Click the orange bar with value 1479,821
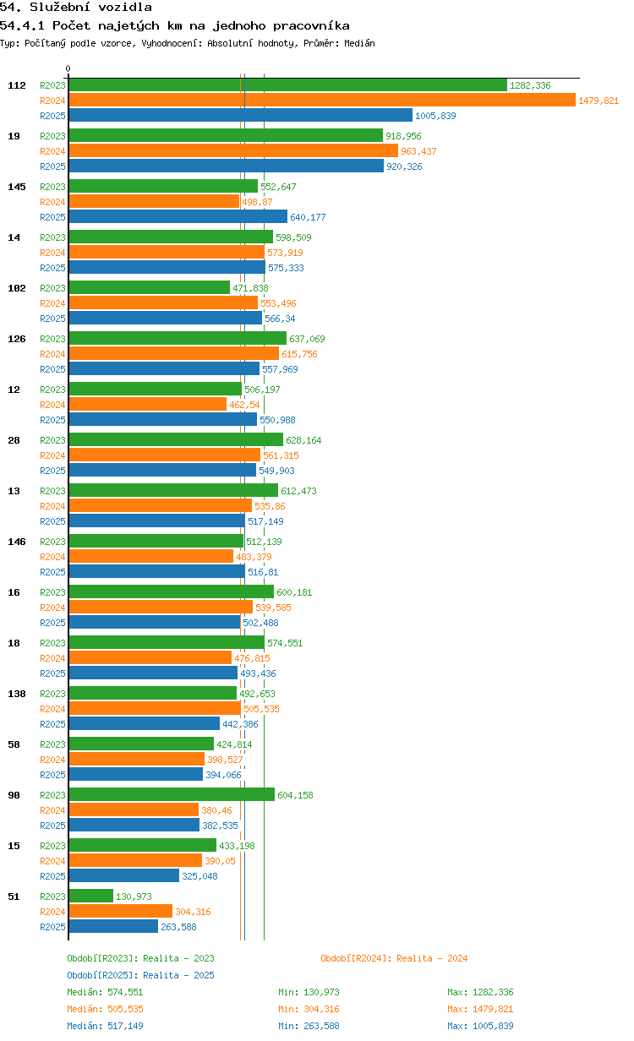[322, 100]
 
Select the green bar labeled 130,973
[91, 896]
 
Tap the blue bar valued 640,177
[178, 216]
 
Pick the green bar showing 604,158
[172, 794]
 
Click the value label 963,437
[418, 151]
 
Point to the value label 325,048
[199, 876]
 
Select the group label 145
[17, 187]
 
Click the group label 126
[17, 338]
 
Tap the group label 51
[14, 896]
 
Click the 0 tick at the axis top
[68, 68]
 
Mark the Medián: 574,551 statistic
[105, 992]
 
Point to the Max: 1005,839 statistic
[480, 1025]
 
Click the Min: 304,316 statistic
[309, 1009]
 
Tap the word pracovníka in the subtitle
[311, 25]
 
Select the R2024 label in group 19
[52, 151]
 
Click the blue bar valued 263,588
[113, 926]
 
